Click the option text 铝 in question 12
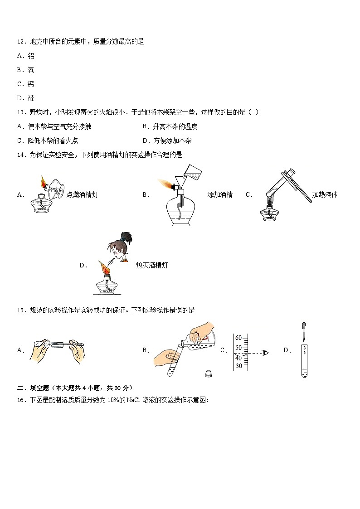(31, 56)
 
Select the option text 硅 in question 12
(31, 98)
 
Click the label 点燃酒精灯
(82, 195)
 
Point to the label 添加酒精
(220, 195)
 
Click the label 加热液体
(325, 195)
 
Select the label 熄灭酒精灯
(152, 266)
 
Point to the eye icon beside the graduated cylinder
(265, 353)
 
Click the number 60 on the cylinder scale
(238, 338)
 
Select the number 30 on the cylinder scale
(238, 366)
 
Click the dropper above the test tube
(304, 332)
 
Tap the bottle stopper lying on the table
(208, 373)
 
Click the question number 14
(21, 155)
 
